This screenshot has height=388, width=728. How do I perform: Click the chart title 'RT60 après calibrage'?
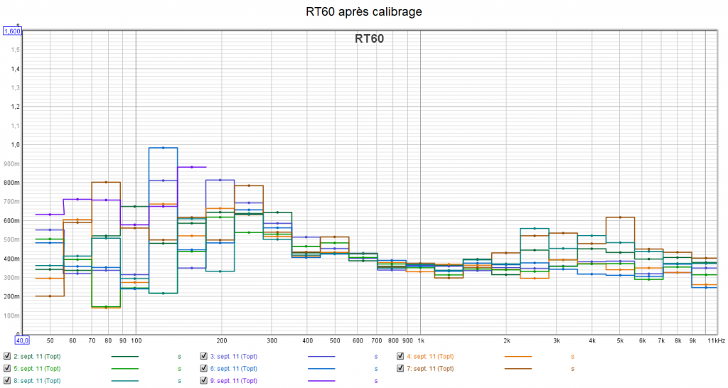363,11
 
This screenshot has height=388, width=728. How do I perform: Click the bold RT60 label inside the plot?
369,39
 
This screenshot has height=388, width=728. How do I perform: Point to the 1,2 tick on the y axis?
16,107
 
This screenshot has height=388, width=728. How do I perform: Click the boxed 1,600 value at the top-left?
13,31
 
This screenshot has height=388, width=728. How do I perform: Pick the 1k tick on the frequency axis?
420,341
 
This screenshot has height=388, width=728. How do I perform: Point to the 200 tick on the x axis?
222,341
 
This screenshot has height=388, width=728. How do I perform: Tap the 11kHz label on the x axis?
715,341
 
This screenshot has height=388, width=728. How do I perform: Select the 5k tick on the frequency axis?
620,341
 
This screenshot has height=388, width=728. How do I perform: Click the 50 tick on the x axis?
50,341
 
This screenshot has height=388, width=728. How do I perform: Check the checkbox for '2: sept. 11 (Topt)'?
7,357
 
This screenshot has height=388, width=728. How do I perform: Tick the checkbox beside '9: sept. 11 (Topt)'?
205,382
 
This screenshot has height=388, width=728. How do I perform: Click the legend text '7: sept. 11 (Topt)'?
430,369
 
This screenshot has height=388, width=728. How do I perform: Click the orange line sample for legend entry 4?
518,357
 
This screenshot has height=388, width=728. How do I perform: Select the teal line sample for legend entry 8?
125,382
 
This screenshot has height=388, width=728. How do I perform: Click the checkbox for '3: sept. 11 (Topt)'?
205,357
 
